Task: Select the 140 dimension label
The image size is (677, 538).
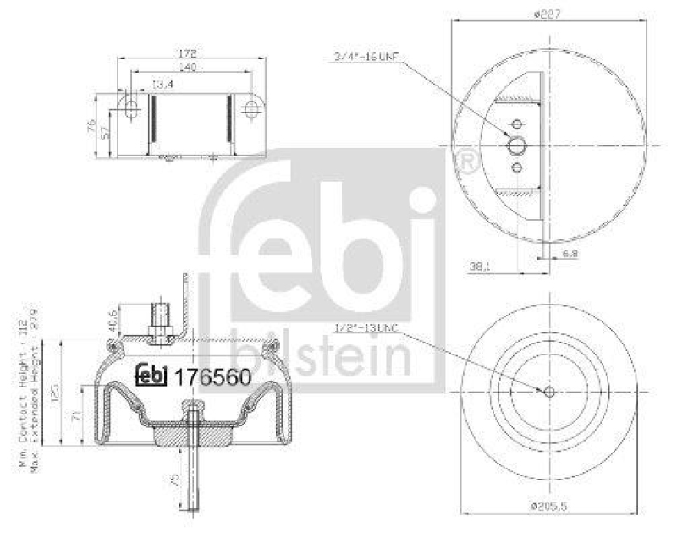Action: pyautogui.click(x=189, y=69)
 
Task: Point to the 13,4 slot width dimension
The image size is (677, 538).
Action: pyautogui.click(x=157, y=84)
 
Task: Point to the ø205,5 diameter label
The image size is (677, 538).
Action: pyautogui.click(x=548, y=506)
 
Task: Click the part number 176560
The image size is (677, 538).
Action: pyautogui.click(x=212, y=377)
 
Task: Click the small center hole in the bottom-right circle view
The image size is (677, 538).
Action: pyautogui.click(x=548, y=391)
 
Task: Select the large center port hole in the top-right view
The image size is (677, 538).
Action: pyautogui.click(x=516, y=145)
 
